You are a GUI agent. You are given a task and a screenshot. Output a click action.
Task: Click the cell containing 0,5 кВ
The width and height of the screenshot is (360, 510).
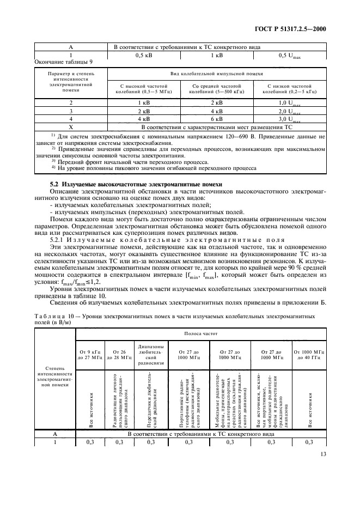(143, 55)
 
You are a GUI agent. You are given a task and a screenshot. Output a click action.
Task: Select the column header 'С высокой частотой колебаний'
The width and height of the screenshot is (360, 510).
(143, 89)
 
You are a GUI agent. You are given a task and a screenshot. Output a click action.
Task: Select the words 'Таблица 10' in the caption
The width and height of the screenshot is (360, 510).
(52, 315)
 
